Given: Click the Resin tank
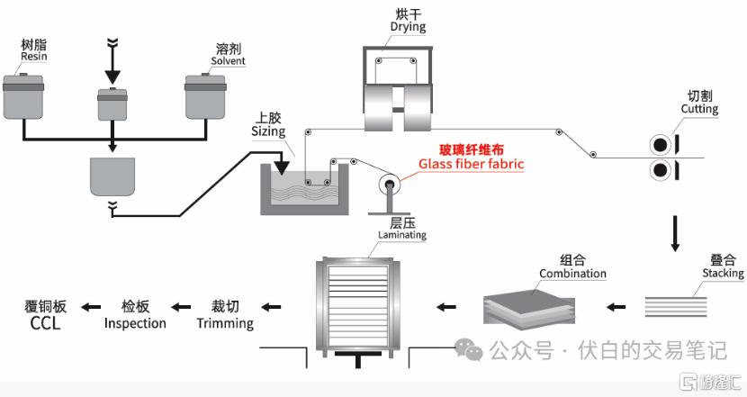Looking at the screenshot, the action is pyautogui.click(x=23, y=95).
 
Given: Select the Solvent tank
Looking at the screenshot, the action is pyautogui.click(x=205, y=95).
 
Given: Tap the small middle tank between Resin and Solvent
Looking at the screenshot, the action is pyautogui.click(x=112, y=104).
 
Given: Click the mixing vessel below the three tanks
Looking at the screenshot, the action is pyautogui.click(x=112, y=176).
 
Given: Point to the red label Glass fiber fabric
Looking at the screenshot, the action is pyautogui.click(x=472, y=164).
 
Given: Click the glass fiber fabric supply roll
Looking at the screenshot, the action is pyautogui.click(x=389, y=185).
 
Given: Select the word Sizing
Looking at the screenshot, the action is pyautogui.click(x=268, y=131).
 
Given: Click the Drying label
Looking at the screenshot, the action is pyautogui.click(x=408, y=27).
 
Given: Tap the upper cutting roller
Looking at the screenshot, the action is pyautogui.click(x=661, y=145).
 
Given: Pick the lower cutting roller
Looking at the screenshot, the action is pyautogui.click(x=661, y=170).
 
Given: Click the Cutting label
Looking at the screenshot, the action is pyautogui.click(x=699, y=109).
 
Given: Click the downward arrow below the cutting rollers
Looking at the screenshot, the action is pyautogui.click(x=675, y=233).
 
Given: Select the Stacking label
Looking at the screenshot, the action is pyautogui.click(x=723, y=273).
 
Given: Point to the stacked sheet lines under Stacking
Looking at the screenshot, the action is pyautogui.click(x=676, y=306).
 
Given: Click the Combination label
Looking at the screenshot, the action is pyautogui.click(x=572, y=274).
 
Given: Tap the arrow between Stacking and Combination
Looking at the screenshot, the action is pyautogui.click(x=616, y=307).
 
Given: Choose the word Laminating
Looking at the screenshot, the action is pyautogui.click(x=402, y=235).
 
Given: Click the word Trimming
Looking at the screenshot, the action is pyautogui.click(x=225, y=323).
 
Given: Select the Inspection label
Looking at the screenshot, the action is pyautogui.click(x=135, y=323).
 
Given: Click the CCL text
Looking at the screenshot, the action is pyautogui.click(x=45, y=323).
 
